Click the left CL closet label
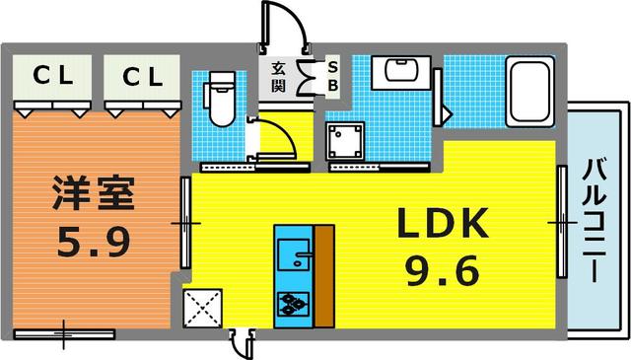click(53, 75)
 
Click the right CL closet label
click(143, 77)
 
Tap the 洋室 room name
click(94, 192)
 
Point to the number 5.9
click(94, 242)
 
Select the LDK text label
click(443, 223)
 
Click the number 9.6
click(443, 270)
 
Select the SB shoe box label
click(333, 77)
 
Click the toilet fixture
click(220, 99)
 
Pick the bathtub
click(529, 92)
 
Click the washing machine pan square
click(346, 140)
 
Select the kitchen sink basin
click(294, 254)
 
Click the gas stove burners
click(294, 304)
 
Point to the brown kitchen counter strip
click(324, 276)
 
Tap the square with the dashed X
click(202, 308)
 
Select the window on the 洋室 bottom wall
click(64, 334)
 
